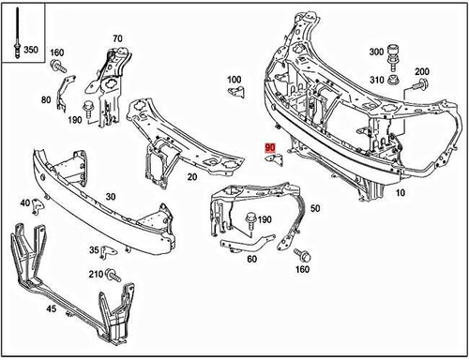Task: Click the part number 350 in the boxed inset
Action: click(x=31, y=50)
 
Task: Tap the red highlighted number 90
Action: click(x=270, y=147)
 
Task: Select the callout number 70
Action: click(x=117, y=38)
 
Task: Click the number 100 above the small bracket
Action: click(x=234, y=79)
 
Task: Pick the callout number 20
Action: click(x=191, y=176)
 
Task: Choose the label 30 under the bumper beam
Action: click(x=110, y=197)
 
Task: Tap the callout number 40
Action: click(x=24, y=202)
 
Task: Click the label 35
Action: click(x=94, y=250)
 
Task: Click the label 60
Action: click(x=251, y=259)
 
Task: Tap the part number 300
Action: click(x=376, y=52)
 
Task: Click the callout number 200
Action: click(x=422, y=72)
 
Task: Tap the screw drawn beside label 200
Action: click(x=414, y=88)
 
